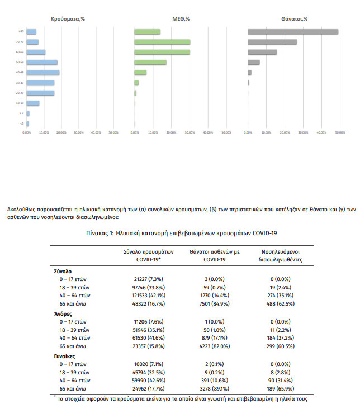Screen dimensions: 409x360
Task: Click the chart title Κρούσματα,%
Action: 68,18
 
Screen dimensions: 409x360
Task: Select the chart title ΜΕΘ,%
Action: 179,18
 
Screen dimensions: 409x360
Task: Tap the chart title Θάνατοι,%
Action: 295,18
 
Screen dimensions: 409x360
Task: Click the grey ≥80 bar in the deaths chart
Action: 293,32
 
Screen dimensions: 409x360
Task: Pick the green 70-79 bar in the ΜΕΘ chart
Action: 162,42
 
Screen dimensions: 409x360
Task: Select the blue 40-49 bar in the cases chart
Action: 43,72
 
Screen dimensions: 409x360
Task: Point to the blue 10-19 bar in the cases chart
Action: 33,103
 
